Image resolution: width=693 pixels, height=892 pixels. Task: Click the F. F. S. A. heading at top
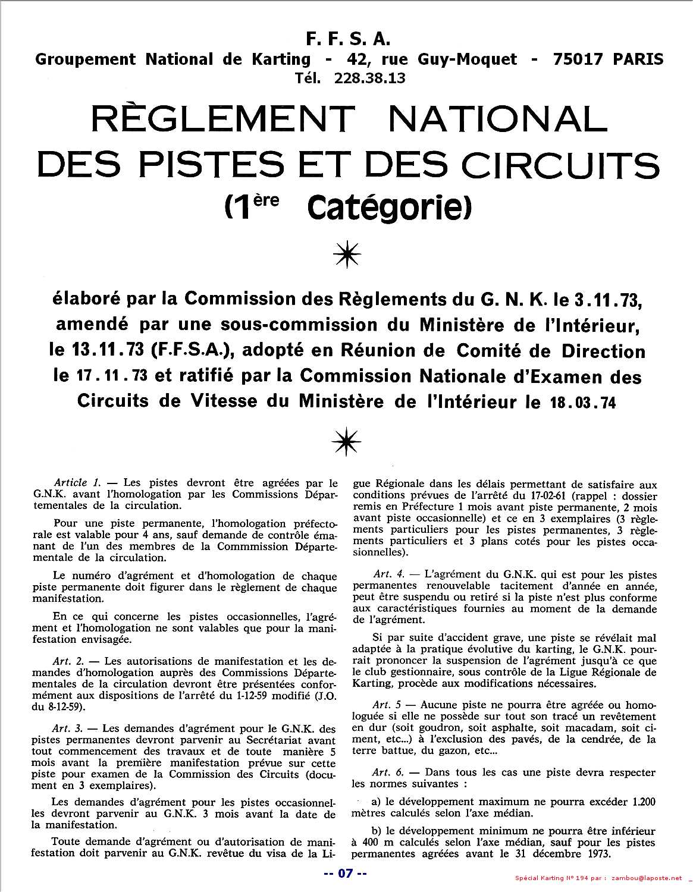(x=348, y=39)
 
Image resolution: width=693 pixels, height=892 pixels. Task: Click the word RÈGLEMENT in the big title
(x=222, y=121)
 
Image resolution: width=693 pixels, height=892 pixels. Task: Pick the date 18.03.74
(x=580, y=403)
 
